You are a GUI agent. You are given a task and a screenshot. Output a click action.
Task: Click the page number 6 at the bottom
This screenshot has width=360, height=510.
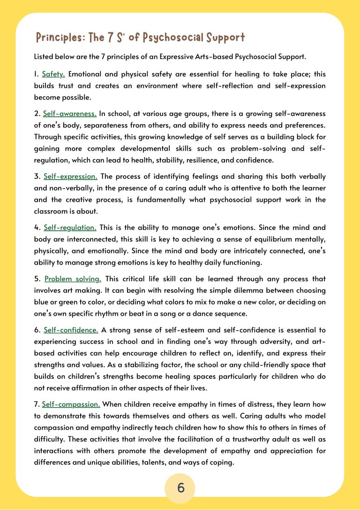[181, 488]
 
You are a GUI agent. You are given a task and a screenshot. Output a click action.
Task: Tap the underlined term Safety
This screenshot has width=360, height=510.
[53, 74]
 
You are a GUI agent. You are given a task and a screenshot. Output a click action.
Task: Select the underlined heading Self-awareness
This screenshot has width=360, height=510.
[70, 114]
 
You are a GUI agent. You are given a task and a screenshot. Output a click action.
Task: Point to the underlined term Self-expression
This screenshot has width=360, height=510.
[70, 176]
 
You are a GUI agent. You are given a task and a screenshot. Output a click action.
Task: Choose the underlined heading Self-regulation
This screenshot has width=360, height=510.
[70, 228]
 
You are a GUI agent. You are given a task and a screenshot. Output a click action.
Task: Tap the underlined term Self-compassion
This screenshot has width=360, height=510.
[71, 404]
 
